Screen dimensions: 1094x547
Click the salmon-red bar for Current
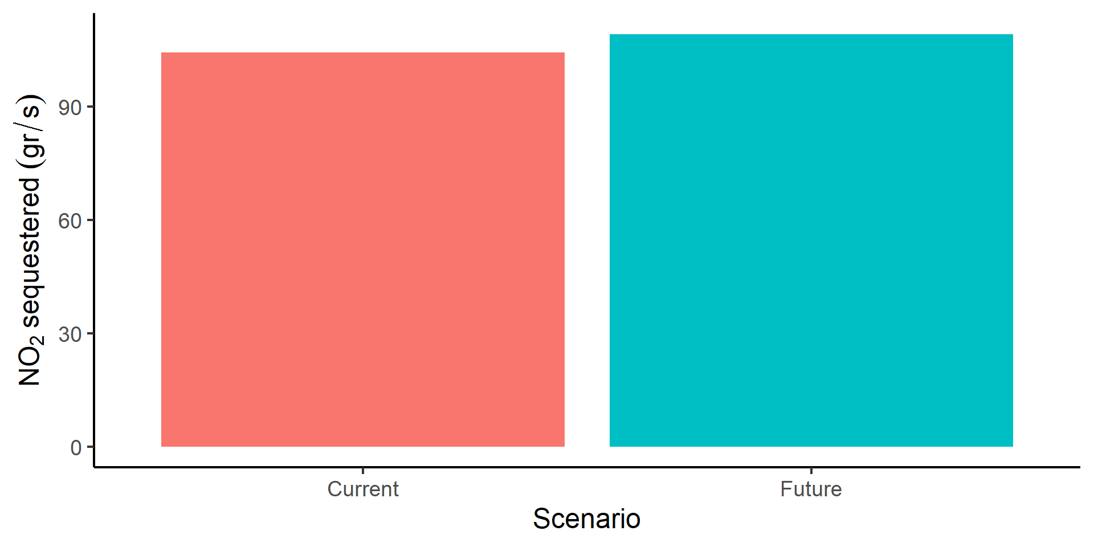click(363, 250)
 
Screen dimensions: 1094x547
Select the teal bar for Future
click(811, 240)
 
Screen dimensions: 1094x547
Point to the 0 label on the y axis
click(76, 448)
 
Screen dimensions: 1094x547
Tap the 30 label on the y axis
click(70, 334)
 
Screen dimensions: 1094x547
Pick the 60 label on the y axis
click(70, 221)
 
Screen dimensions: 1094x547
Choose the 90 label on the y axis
click(70, 108)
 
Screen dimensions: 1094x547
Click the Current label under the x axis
click(363, 489)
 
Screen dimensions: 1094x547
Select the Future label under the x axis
click(811, 489)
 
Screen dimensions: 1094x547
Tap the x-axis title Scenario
click(587, 519)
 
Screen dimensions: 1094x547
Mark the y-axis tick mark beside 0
click(90, 447)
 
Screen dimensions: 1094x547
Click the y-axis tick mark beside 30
click(90, 334)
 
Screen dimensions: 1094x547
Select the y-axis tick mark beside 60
click(90, 221)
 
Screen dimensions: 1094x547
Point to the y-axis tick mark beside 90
click(90, 107)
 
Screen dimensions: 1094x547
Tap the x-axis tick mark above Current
click(363, 471)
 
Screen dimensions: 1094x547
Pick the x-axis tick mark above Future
click(811, 471)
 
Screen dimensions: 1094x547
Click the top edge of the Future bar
click(811, 34)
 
